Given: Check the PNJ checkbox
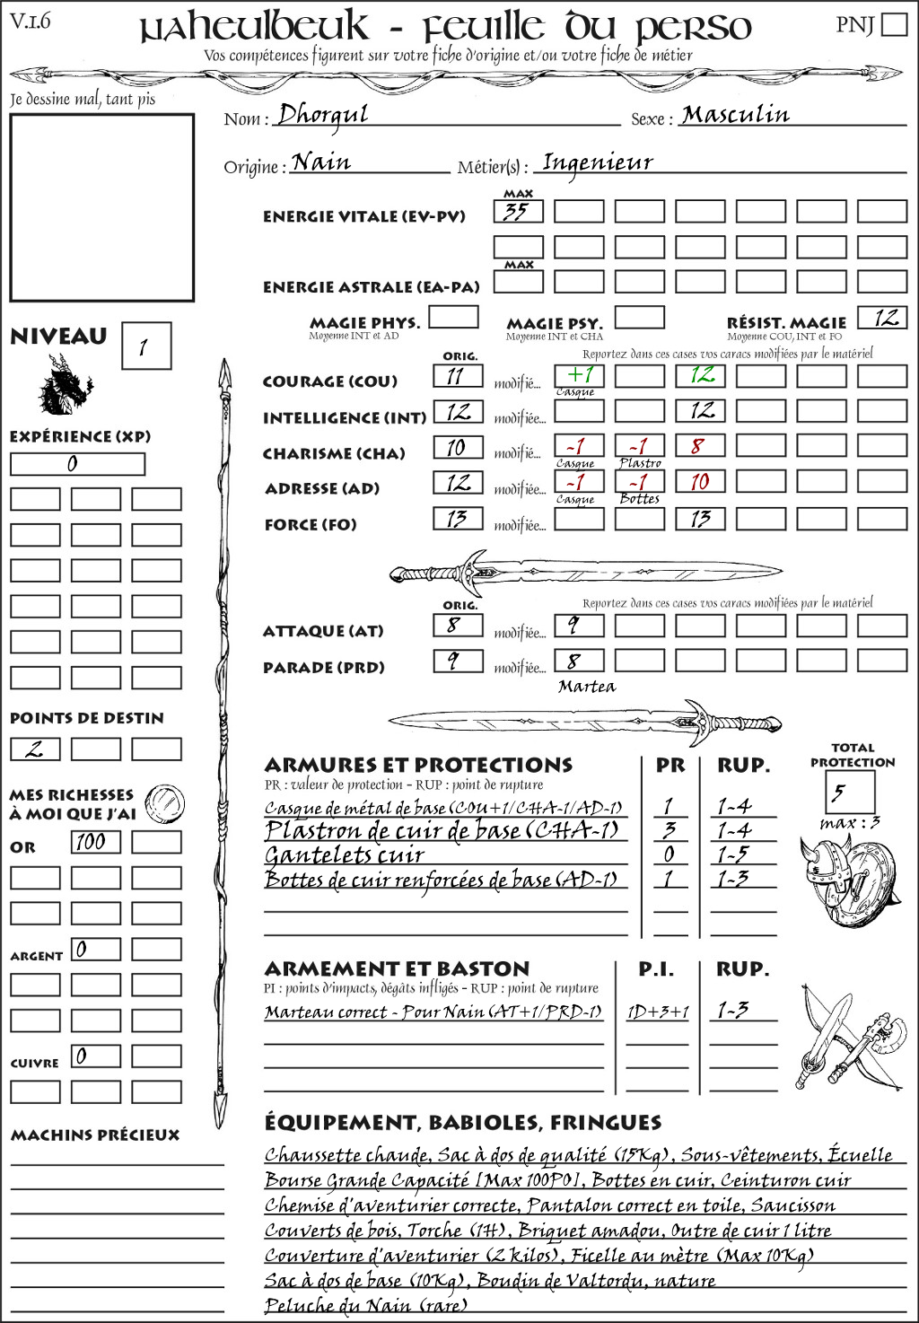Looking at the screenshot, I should pyautogui.click(x=894, y=24).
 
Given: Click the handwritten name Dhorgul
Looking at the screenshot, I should pyautogui.click(x=323, y=114).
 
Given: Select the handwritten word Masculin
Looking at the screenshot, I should pyautogui.click(x=736, y=115).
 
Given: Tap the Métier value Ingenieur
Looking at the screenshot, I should pyautogui.click(x=598, y=162).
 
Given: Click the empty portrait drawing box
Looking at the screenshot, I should pyautogui.click(x=101, y=207).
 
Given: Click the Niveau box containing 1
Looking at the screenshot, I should pyautogui.click(x=145, y=346).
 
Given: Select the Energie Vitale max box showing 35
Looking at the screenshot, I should pyautogui.click(x=518, y=212).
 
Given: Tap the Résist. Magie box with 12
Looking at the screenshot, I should pyautogui.click(x=881, y=318).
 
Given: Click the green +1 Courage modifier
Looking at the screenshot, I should pyautogui.click(x=579, y=375).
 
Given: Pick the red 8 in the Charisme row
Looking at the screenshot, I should pyautogui.click(x=699, y=446).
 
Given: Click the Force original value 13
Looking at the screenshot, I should pyautogui.click(x=458, y=519).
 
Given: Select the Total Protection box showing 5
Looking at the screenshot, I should pyautogui.click(x=849, y=792).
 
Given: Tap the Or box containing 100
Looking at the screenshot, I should pyautogui.click(x=95, y=842).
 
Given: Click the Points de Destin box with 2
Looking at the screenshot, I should pyautogui.click(x=35, y=749).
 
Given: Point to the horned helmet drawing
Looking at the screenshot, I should pyautogui.click(x=821, y=867).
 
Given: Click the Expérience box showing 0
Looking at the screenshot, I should pyautogui.click(x=77, y=464).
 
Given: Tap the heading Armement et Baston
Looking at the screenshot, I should pyautogui.click(x=397, y=969).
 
